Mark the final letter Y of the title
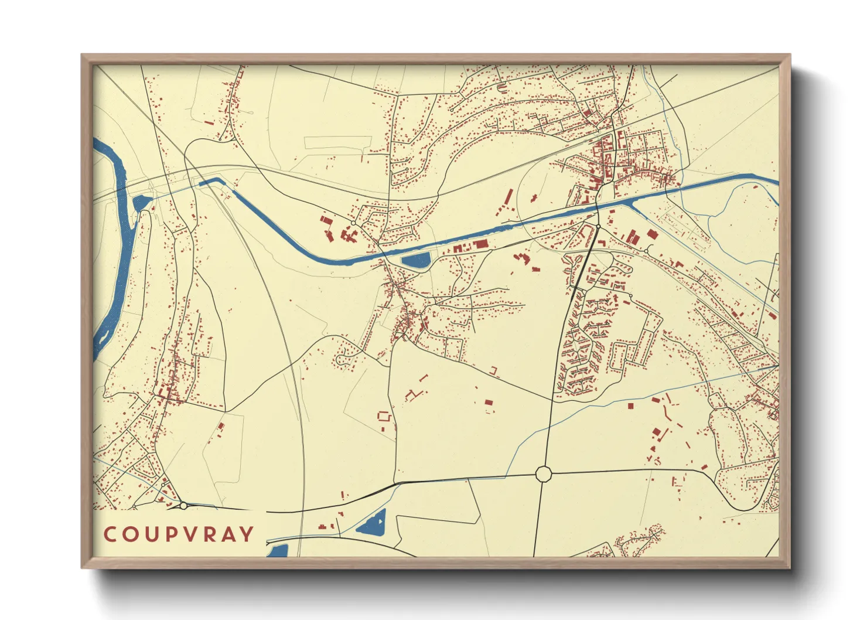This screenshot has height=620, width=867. (248, 534)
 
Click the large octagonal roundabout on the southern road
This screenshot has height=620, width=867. (544, 473)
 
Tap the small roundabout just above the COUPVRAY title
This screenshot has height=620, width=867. (183, 505)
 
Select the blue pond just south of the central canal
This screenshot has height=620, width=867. (416, 260)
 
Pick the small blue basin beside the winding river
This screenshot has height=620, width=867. (141, 203)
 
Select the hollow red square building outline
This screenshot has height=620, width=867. (384, 417)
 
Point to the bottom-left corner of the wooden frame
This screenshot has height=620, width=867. (83, 567)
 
